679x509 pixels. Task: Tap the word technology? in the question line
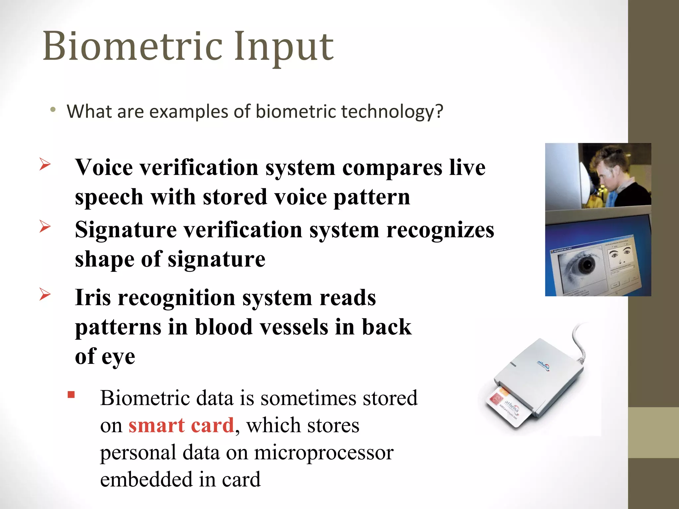[392, 111]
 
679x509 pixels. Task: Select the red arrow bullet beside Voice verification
[45, 164]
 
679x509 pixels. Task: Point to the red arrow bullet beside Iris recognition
[45, 294]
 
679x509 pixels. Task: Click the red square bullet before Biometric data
[71, 395]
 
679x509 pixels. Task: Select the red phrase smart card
[181, 425]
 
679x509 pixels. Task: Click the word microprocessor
[324, 453]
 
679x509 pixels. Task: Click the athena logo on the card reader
[543, 366]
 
